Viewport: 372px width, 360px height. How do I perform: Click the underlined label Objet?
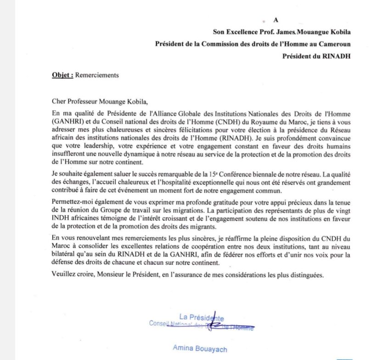click(x=62, y=75)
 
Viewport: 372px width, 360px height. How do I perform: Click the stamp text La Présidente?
click(x=201, y=317)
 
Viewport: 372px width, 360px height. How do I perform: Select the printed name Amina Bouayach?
click(x=200, y=348)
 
